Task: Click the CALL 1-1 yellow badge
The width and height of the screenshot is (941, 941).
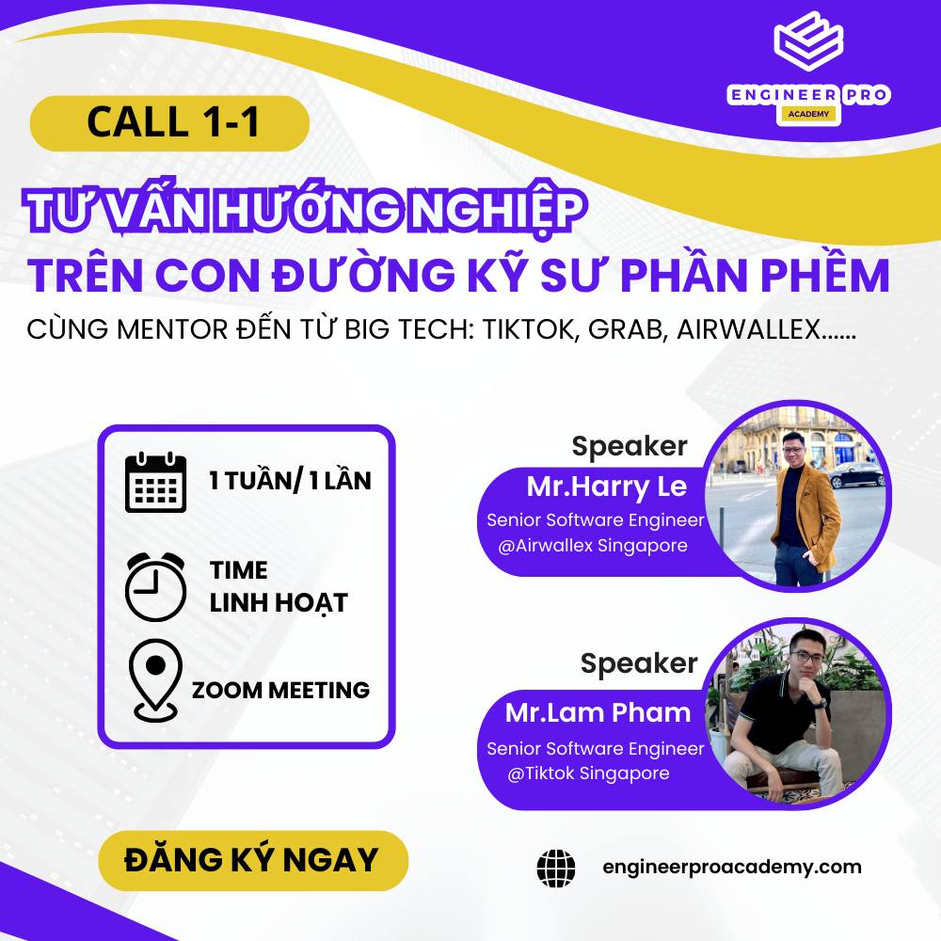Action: tap(169, 123)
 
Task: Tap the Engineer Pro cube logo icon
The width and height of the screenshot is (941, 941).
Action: tap(807, 45)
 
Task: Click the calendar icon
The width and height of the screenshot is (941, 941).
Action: tap(155, 482)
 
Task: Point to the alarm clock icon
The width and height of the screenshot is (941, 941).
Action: tap(155, 585)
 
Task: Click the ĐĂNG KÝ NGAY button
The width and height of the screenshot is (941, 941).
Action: tap(252, 860)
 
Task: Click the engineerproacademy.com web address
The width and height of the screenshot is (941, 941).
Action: tap(731, 867)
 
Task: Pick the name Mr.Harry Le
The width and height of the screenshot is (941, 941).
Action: tap(607, 486)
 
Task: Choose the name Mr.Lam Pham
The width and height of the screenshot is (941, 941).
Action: tap(598, 712)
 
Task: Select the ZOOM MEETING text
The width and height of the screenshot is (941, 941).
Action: tap(280, 690)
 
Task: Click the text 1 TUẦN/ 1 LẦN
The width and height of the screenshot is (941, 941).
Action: tap(290, 481)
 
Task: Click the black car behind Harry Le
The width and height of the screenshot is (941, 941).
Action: tap(856, 473)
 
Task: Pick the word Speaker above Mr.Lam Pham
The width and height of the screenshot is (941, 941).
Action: tap(638, 663)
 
